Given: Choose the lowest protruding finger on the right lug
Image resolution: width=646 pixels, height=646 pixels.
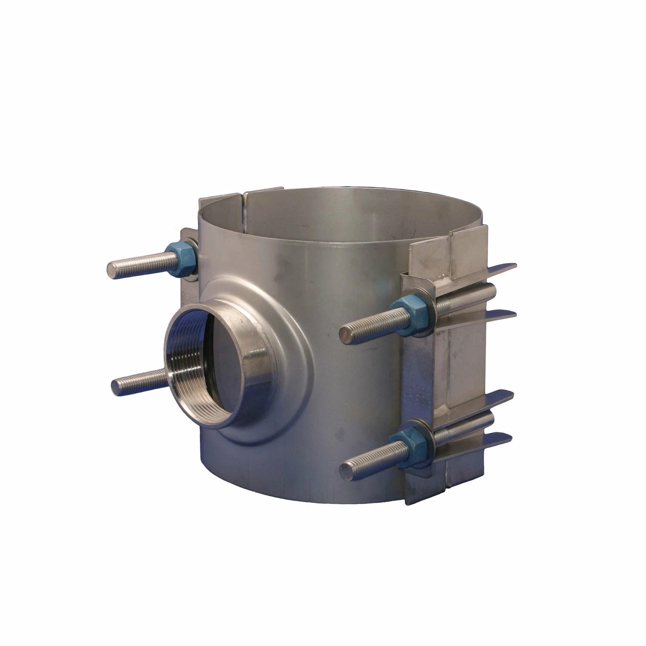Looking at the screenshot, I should pyautogui.click(x=495, y=441).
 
